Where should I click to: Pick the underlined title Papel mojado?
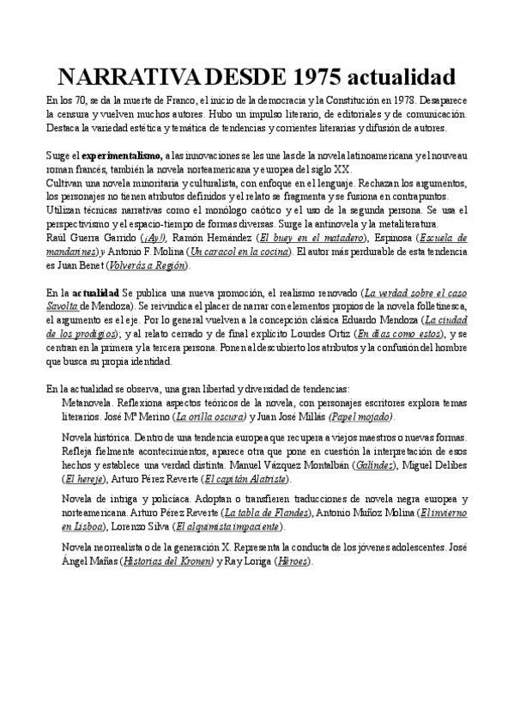362,416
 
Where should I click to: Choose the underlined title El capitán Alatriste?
247,479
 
